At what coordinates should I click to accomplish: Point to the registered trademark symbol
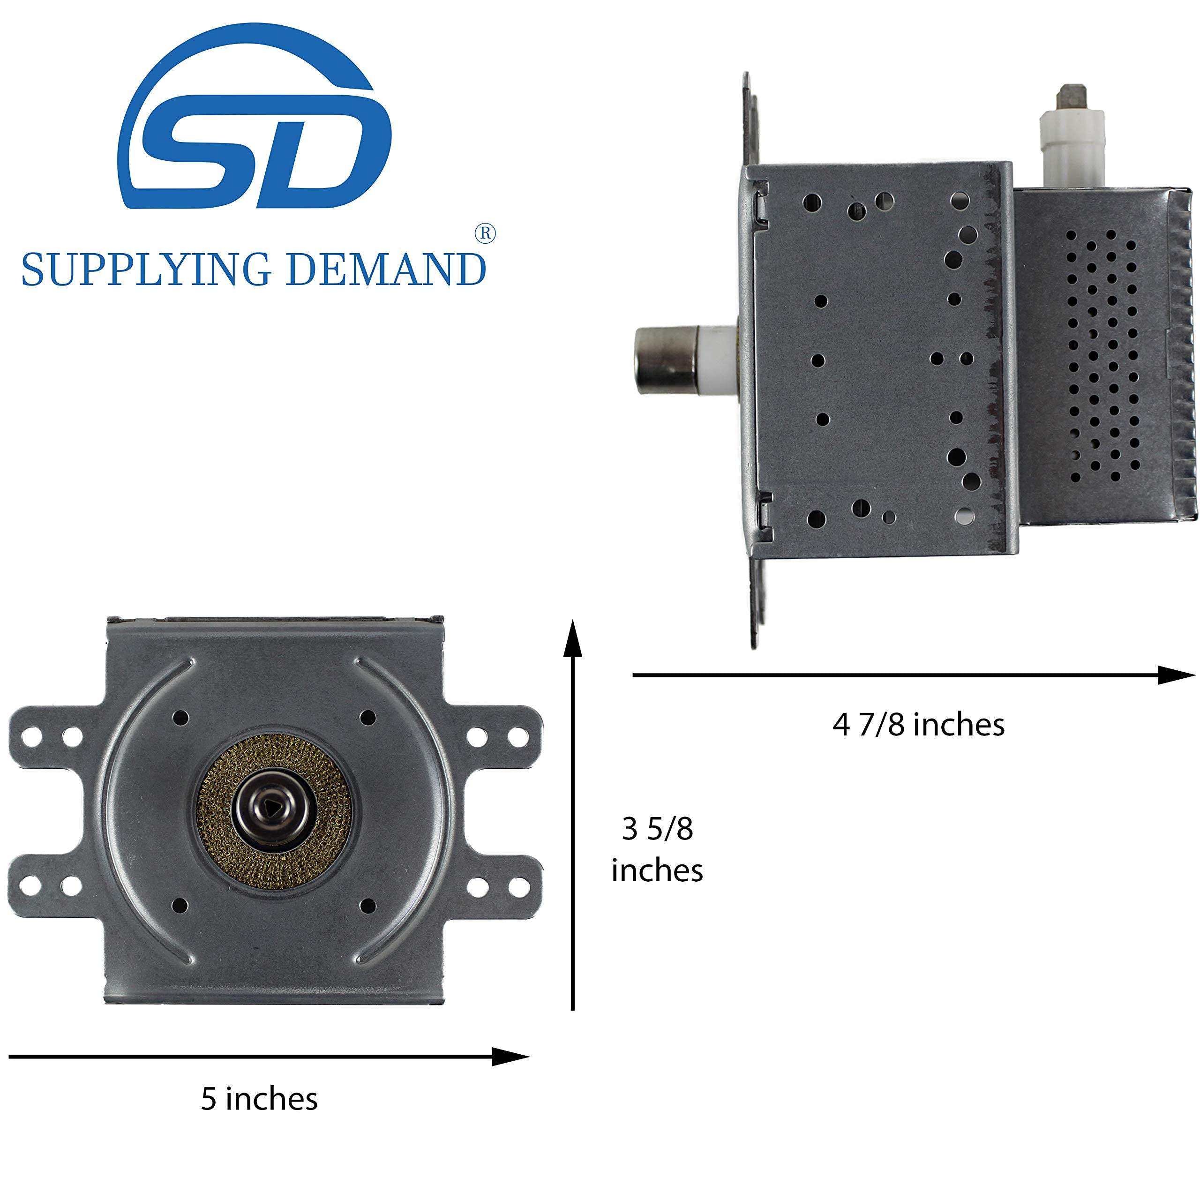pos(485,233)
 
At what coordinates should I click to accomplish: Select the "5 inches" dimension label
pos(259,1099)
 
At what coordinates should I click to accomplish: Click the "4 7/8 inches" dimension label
pos(918,724)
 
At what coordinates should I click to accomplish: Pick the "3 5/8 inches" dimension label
pos(657,850)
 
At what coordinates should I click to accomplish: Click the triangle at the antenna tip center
pos(274,806)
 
